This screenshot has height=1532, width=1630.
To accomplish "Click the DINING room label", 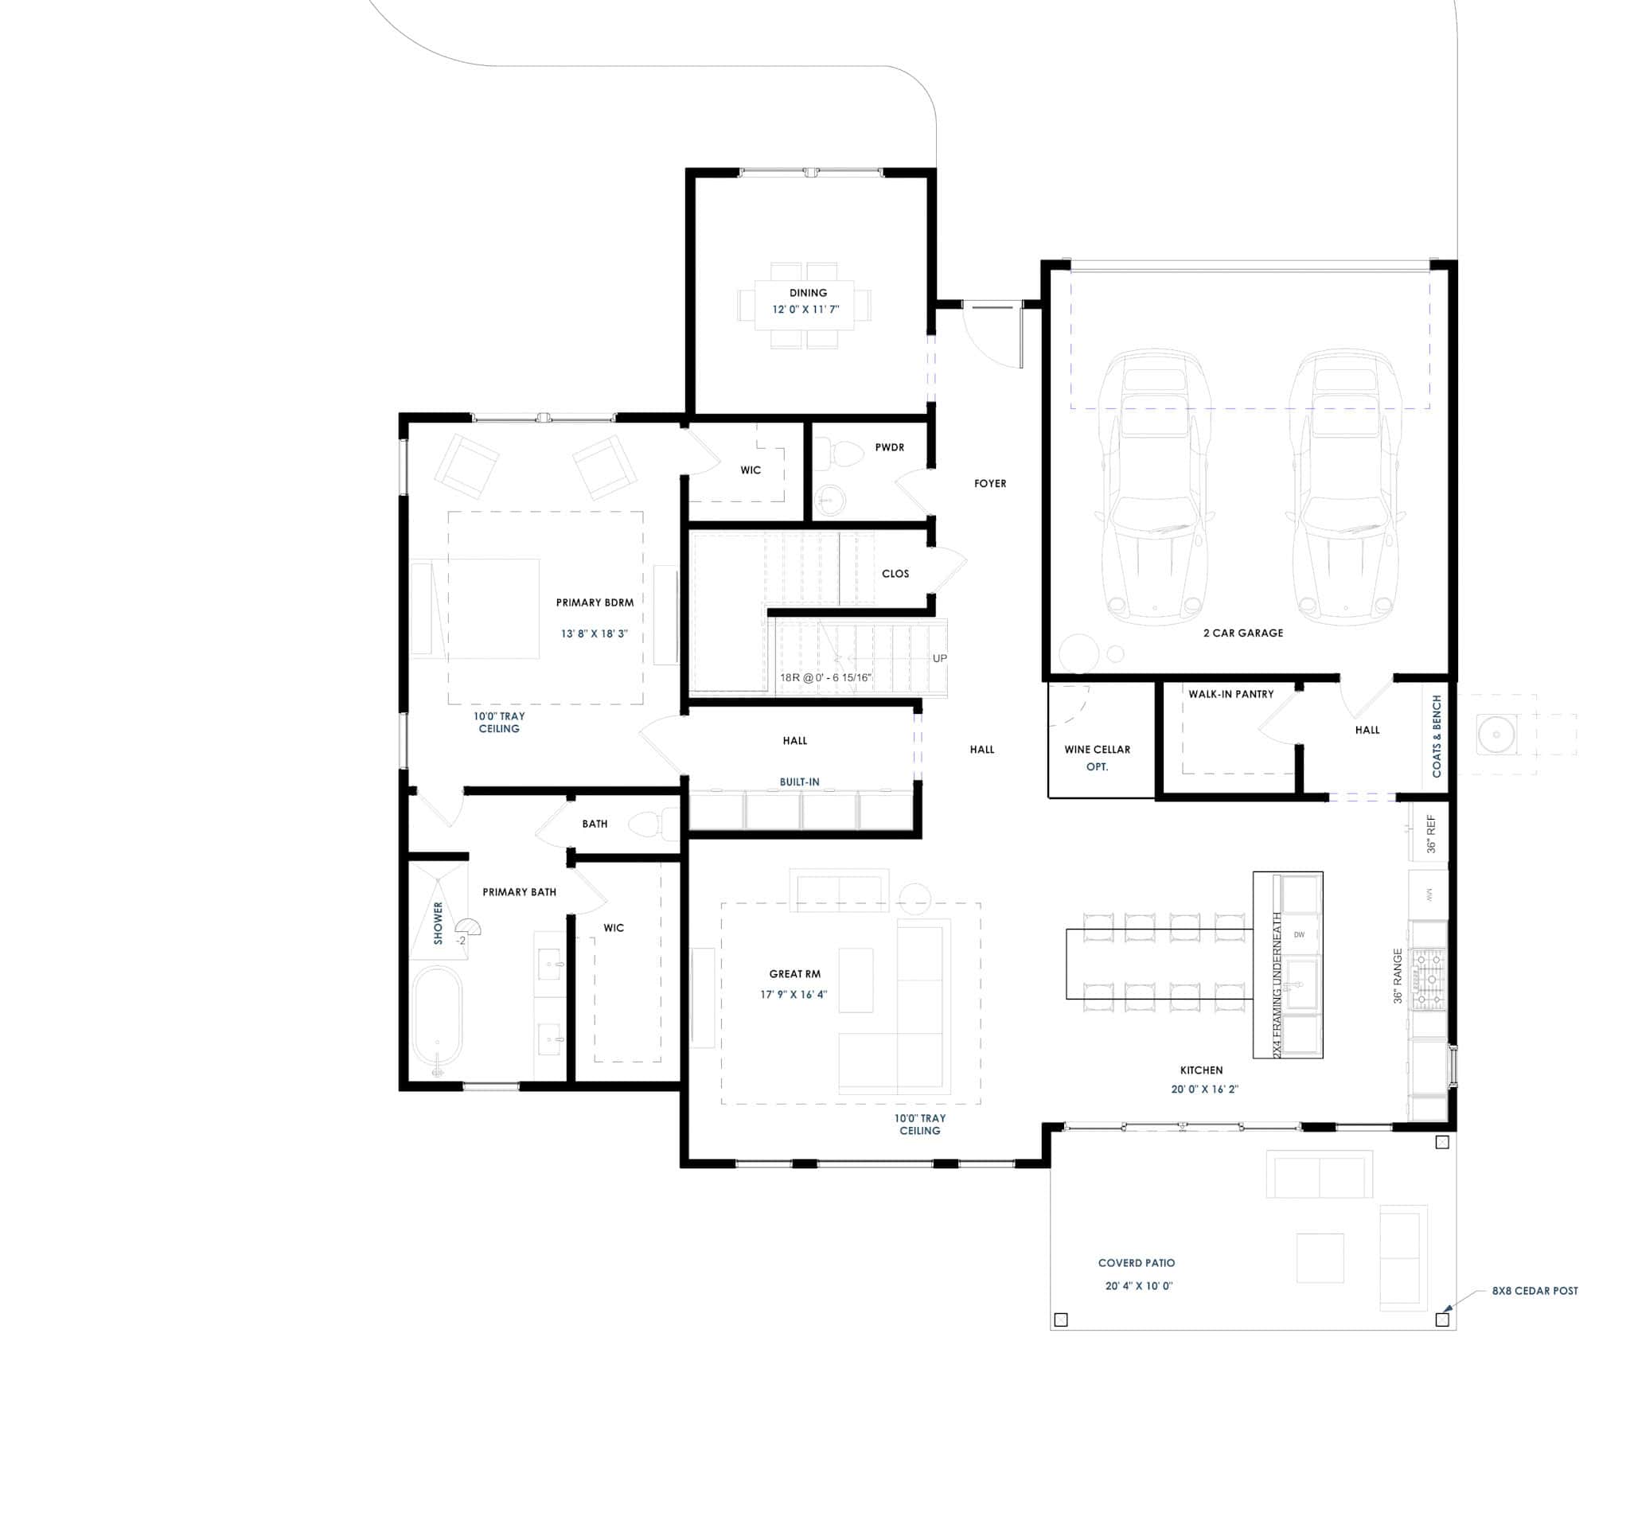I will [x=808, y=293].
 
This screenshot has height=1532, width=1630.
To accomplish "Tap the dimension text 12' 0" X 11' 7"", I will [x=805, y=310].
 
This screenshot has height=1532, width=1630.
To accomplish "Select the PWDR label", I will [x=889, y=447].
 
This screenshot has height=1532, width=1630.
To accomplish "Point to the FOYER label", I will [x=989, y=484].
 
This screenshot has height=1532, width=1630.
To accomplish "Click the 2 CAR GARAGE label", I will [x=1242, y=633].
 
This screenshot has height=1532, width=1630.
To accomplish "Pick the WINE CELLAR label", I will [x=1096, y=749].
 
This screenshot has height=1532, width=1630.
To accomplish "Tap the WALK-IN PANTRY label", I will [x=1230, y=694].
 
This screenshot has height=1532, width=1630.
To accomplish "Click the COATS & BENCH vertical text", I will [x=1437, y=736].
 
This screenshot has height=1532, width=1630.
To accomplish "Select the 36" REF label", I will [x=1431, y=833].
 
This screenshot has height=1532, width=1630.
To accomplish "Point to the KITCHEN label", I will [x=1200, y=1070].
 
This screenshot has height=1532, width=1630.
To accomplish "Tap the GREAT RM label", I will [x=794, y=974].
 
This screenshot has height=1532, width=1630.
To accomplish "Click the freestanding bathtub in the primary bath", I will [x=437, y=1019].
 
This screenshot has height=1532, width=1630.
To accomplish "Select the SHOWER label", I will [x=438, y=923].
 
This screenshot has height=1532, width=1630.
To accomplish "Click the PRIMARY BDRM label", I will [x=595, y=602].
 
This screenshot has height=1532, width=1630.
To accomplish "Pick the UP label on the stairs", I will [x=939, y=658].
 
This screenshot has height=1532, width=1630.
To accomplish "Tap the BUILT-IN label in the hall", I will [x=798, y=782].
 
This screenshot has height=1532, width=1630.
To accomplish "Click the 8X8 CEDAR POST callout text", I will [x=1534, y=1290].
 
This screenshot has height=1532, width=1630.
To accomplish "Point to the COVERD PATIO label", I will [x=1136, y=1263].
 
